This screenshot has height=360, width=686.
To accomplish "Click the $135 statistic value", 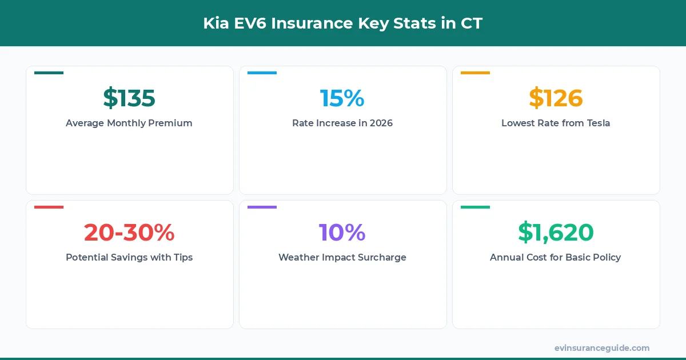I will click(x=129, y=98).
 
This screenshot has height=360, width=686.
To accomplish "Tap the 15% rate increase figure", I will click(x=342, y=98).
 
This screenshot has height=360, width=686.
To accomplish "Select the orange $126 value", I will click(x=556, y=98).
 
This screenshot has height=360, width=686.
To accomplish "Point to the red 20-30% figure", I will click(x=129, y=233).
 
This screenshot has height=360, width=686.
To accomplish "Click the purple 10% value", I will click(x=342, y=233).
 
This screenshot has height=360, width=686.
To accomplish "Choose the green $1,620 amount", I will click(x=556, y=233).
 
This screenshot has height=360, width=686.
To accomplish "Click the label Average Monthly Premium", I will click(x=129, y=123).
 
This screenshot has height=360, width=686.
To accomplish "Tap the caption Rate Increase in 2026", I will click(x=342, y=123).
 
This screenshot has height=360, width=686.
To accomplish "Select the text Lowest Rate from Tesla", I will click(x=556, y=123).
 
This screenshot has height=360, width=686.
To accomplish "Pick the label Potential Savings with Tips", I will click(x=129, y=257).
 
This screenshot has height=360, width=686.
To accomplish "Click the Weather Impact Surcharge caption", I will click(x=342, y=257).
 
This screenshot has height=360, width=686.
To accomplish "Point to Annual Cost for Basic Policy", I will click(x=556, y=257).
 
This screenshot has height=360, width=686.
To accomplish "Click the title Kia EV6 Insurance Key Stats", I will click(x=343, y=23).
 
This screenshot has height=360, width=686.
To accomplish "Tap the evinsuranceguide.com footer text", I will click(x=602, y=347).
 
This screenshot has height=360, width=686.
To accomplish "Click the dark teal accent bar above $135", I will click(x=49, y=73).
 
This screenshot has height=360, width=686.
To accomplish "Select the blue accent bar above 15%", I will click(x=262, y=73).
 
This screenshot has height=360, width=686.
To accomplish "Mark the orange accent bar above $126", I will click(x=475, y=73).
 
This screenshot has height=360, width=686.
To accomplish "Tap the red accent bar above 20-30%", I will click(x=49, y=207).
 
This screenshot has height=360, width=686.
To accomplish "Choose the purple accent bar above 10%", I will click(x=262, y=207).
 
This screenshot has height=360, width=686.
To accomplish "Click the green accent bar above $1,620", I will click(x=475, y=207).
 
